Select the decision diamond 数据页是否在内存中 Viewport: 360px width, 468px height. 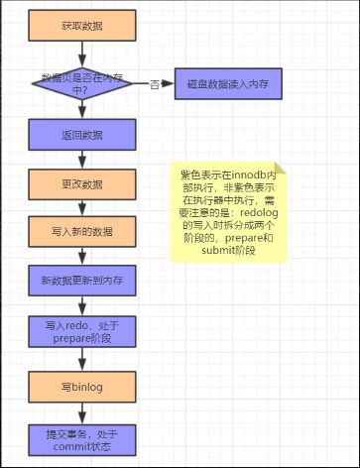(x=80, y=84)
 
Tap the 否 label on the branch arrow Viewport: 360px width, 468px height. (x=154, y=84)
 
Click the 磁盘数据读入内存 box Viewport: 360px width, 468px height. (x=229, y=84)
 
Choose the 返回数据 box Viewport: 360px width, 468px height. (x=80, y=135)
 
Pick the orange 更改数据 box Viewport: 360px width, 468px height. (x=80, y=183)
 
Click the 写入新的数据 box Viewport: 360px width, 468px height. (x=80, y=232)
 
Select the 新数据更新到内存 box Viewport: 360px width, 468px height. (x=80, y=281)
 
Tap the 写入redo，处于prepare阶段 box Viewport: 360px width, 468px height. (x=80, y=331)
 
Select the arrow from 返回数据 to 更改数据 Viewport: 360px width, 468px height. (x=80, y=159)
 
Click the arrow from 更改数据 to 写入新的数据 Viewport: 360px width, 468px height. (x=80, y=207)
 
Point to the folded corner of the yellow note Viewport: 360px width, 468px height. (x=280, y=168)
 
